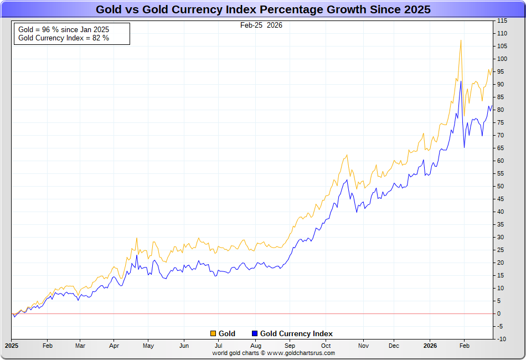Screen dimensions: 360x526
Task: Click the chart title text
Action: tap(263, 9)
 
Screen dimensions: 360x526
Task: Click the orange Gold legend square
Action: tap(213, 333)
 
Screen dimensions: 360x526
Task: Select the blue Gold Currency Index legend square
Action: tap(255, 333)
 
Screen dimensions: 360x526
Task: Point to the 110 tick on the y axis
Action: tap(502, 33)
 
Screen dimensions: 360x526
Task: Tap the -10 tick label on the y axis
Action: tap(502, 339)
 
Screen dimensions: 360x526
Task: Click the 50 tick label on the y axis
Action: tap(501, 186)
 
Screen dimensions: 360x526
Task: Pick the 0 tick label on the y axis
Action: tap(499, 313)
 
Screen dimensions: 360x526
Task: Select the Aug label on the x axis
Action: tap(256, 346)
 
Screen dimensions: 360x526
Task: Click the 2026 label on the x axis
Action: tap(430, 346)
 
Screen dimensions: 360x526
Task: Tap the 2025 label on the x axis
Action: tap(12, 346)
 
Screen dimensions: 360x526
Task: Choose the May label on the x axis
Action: tap(148, 346)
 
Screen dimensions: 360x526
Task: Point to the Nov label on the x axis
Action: tap(363, 346)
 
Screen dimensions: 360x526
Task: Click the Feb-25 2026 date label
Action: tap(261, 25)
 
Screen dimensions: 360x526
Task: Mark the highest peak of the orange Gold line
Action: tap(461, 40)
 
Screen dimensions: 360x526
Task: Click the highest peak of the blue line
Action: tap(461, 81)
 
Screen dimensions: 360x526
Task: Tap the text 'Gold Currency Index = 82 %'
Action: tap(64, 38)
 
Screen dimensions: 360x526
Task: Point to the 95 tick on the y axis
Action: tap(501, 71)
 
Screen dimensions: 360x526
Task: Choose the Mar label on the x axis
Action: tap(80, 346)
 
